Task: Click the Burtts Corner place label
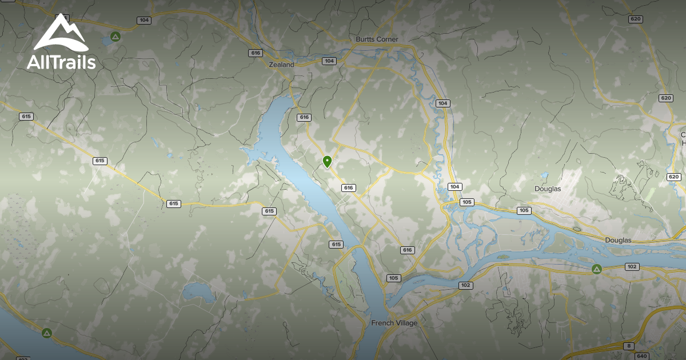click(376, 39)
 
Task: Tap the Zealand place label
click(281, 65)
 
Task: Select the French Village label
click(394, 323)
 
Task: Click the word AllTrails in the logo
click(61, 62)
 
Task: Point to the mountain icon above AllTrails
click(61, 33)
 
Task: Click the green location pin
click(327, 162)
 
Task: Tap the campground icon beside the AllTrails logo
click(115, 38)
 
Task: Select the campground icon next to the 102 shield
click(597, 269)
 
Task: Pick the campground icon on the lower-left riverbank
click(47, 333)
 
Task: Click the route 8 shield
click(629, 346)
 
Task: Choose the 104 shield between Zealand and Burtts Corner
click(329, 61)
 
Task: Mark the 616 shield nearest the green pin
click(349, 188)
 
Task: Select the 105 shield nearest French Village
click(393, 278)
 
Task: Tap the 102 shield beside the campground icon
click(632, 267)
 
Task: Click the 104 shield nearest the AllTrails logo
click(144, 21)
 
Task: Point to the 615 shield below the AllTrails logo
click(26, 117)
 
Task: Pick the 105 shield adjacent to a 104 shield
click(467, 202)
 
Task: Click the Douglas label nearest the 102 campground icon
click(619, 241)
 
